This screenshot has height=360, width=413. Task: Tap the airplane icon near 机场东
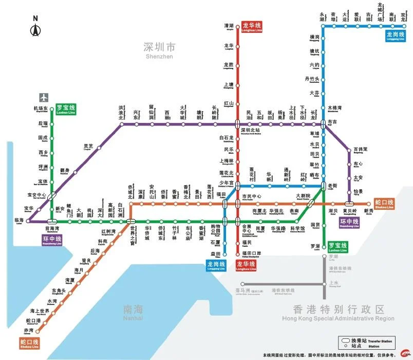tap(43, 97)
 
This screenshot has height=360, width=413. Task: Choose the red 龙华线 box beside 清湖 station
tap(251, 27)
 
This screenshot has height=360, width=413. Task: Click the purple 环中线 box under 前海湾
tap(52, 240)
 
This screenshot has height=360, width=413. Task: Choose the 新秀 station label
tap(368, 211)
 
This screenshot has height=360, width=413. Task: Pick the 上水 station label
tap(334, 283)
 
